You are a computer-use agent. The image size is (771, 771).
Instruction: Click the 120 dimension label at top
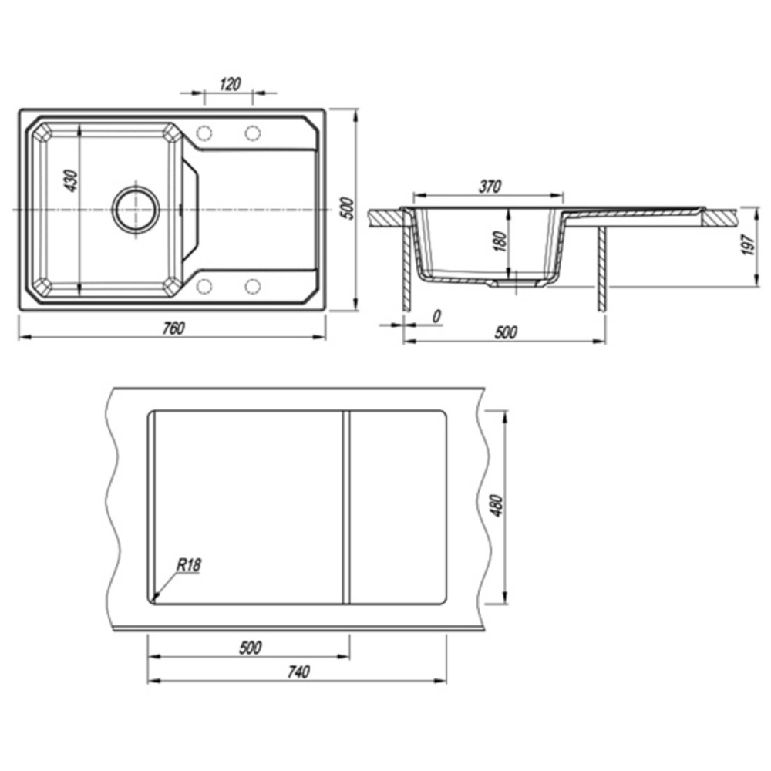tap(230, 84)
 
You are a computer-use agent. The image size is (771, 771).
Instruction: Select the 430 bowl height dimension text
tap(71, 180)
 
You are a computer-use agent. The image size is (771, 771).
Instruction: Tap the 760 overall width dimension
tap(173, 328)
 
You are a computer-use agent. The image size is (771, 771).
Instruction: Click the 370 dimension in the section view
tap(490, 187)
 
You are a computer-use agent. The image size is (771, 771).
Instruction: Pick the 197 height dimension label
tap(749, 244)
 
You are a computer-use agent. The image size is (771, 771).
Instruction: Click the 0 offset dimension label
tap(436, 317)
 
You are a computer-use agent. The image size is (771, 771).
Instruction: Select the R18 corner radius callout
tap(189, 564)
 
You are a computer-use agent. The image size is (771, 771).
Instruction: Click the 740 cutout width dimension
tap(298, 672)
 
